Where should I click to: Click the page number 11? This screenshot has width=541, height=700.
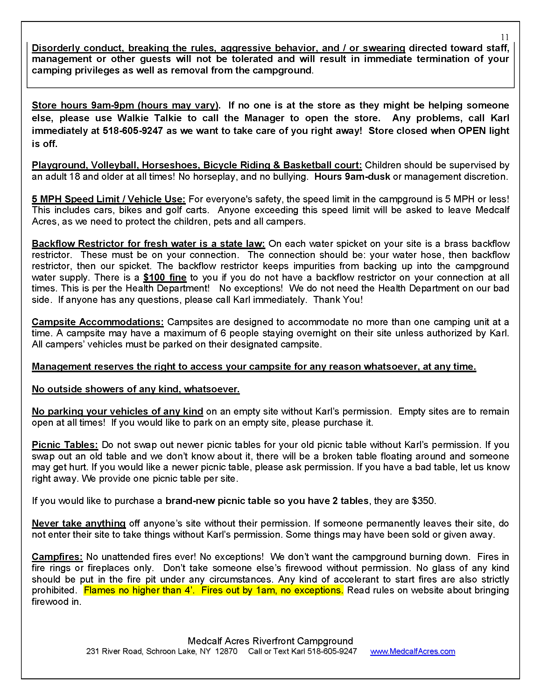(505, 37)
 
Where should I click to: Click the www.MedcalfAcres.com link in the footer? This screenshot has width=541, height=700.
(412, 651)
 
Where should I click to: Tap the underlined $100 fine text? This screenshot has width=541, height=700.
(165, 277)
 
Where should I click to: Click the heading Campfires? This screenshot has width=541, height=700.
(57, 557)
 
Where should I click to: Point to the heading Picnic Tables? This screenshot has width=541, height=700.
(65, 445)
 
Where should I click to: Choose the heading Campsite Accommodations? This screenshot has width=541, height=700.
(98, 322)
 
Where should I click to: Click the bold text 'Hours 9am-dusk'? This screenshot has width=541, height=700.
(352, 177)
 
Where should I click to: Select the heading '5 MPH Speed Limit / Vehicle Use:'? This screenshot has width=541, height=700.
(109, 199)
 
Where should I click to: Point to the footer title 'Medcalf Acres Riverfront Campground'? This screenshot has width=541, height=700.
(270, 641)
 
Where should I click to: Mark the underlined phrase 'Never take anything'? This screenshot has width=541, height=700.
(79, 523)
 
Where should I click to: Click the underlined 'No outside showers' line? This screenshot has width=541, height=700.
(136, 389)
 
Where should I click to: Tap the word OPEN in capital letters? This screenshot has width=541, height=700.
(472, 131)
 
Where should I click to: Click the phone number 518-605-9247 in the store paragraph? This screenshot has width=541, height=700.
(133, 131)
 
